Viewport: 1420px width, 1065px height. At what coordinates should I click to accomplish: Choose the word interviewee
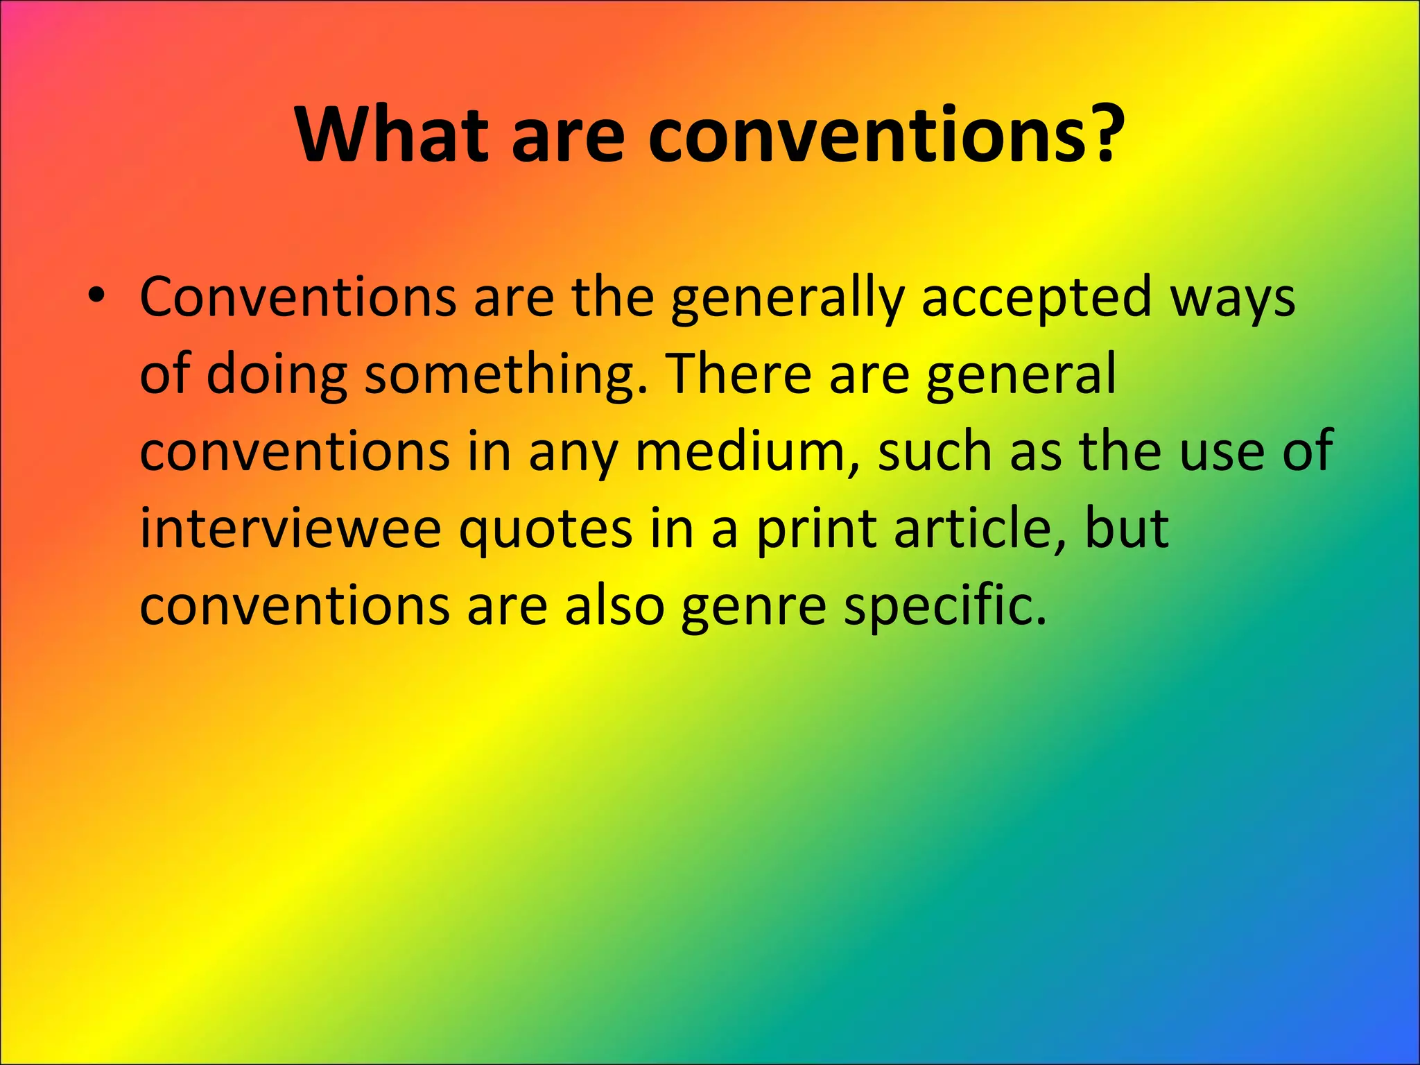291,528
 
